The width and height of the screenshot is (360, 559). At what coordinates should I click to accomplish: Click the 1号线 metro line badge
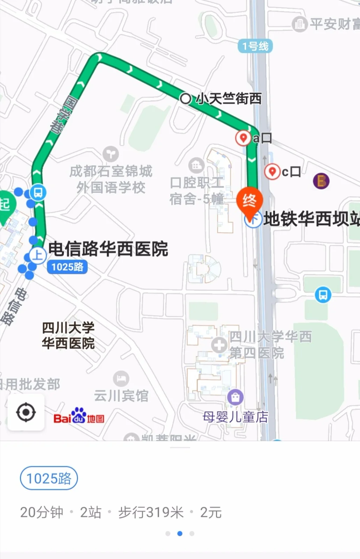click(x=255, y=46)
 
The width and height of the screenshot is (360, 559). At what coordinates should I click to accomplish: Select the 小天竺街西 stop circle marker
click(x=185, y=99)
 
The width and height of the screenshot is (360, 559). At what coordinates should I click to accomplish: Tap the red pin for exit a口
click(x=243, y=138)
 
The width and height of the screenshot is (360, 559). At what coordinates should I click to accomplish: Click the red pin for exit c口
click(x=272, y=171)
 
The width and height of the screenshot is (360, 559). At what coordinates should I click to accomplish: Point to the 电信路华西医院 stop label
click(x=108, y=249)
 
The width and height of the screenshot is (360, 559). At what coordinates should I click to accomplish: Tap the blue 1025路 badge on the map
click(x=67, y=267)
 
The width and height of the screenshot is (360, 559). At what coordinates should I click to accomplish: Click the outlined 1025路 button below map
click(x=49, y=478)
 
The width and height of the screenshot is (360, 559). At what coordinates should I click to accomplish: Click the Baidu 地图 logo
click(x=79, y=416)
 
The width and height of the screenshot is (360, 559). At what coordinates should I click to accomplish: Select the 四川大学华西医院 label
click(x=68, y=336)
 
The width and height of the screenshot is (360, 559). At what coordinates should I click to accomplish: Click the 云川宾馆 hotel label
click(x=121, y=396)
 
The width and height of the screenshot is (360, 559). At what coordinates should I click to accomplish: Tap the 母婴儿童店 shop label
click(x=235, y=417)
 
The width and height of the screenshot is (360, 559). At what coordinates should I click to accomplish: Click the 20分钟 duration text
click(x=42, y=513)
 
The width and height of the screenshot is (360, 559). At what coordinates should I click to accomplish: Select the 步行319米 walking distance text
click(x=151, y=513)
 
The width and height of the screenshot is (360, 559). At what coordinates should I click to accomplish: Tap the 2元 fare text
click(x=211, y=513)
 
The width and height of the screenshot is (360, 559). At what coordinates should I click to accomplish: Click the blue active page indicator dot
click(x=180, y=533)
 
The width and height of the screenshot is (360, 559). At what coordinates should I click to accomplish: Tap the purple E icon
click(x=321, y=181)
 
